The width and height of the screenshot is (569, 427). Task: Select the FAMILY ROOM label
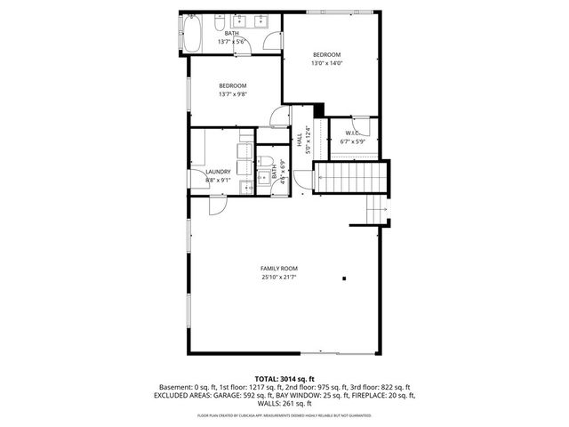[278, 268]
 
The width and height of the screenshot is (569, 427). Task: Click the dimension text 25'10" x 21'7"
[278, 278]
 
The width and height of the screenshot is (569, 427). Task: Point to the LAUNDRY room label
[218, 172]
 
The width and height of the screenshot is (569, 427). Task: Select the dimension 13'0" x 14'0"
[326, 63]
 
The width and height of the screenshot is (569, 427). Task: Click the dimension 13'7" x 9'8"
[233, 93]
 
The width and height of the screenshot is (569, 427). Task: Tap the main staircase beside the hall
[353, 178]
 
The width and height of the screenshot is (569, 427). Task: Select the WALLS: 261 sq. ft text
[284, 403]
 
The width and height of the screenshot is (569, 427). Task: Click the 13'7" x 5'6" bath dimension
[232, 41]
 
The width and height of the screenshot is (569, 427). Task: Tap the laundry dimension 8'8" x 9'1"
[218, 180]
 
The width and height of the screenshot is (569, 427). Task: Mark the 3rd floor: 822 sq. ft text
[383, 388]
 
